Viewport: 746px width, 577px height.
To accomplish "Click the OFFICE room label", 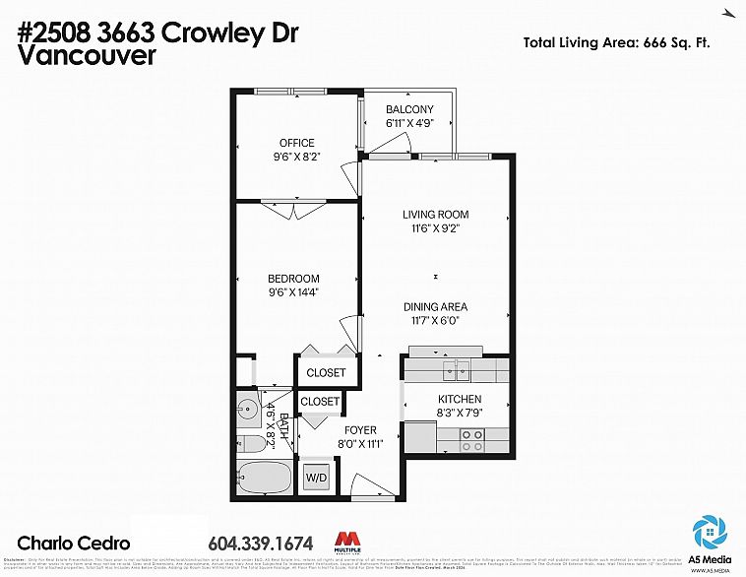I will click(296, 143).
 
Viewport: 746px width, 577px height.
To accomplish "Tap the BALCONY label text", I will click(409, 109).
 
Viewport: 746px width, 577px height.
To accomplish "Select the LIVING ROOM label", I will click(435, 214).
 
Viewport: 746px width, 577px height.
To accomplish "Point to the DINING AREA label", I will click(434, 306).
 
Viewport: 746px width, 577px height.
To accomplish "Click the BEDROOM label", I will click(295, 279).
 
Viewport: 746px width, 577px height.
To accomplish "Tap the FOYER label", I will click(359, 429).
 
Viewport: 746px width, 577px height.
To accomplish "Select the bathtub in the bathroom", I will click(263, 480).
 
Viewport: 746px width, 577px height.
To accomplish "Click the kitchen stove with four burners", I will click(472, 437).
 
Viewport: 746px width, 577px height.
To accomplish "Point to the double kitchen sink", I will click(456, 369).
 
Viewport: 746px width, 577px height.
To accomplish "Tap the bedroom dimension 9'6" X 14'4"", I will click(295, 292).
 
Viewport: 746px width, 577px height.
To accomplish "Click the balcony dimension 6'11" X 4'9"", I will click(409, 123).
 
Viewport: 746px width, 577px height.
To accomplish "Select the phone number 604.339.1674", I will click(261, 543).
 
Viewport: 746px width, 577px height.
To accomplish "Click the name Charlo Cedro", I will click(74, 543).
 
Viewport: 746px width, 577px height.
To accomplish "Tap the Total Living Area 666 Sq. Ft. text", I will click(616, 42).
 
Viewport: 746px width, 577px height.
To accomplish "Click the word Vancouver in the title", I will click(88, 56).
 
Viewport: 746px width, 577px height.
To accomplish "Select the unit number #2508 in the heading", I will click(58, 32).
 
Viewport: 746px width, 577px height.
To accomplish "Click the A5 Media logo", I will click(710, 536).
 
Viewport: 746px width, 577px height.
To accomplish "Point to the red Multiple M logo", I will click(347, 541).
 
